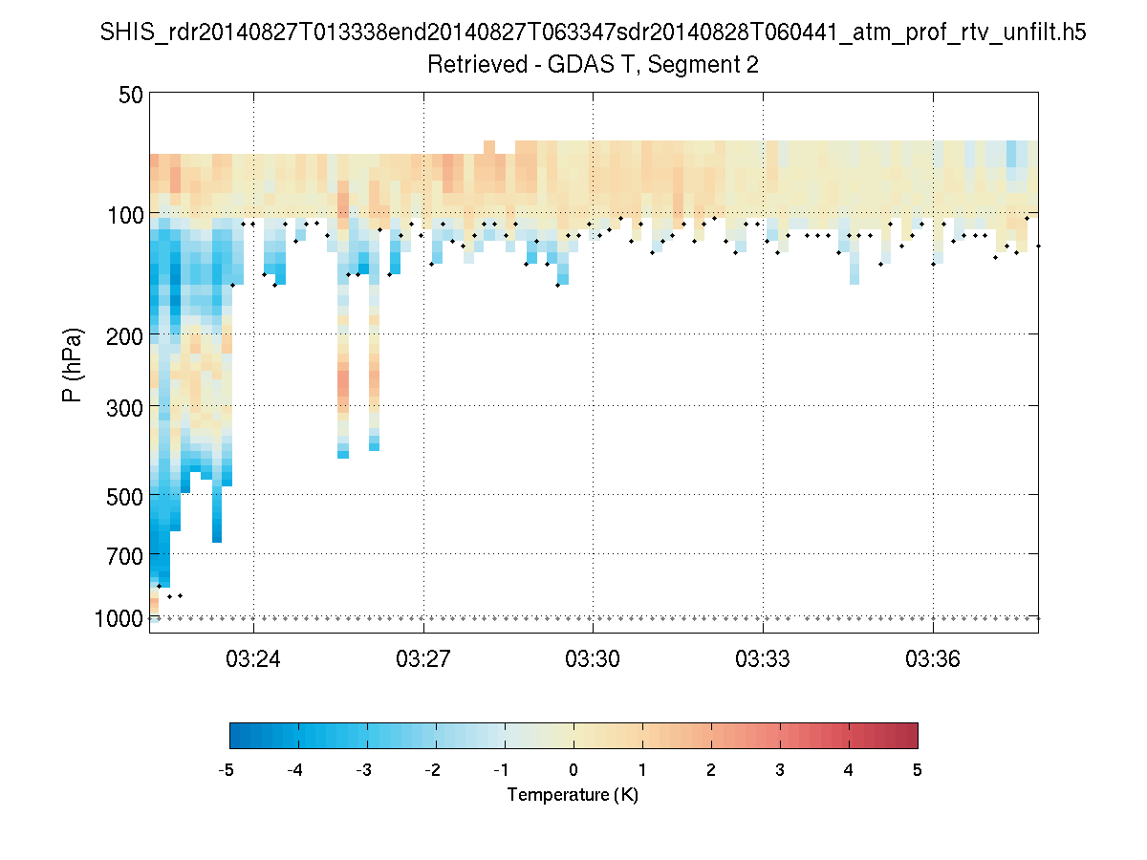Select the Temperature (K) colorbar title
pyautogui.click(x=573, y=795)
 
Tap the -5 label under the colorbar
pyautogui.click(x=227, y=770)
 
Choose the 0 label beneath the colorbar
pyautogui.click(x=573, y=770)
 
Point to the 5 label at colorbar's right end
pyautogui.click(x=917, y=770)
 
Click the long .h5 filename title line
pyautogui.click(x=594, y=33)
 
